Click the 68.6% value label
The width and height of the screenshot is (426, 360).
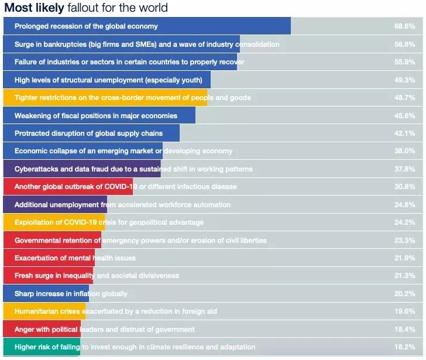coord(404,26)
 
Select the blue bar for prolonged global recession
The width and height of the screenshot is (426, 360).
coord(147,26)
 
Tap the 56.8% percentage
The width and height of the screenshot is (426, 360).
coord(404,44)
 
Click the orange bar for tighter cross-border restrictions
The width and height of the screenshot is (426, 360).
coord(105,98)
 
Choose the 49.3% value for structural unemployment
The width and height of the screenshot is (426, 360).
coord(404,80)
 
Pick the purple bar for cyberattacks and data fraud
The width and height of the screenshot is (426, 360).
coord(82,169)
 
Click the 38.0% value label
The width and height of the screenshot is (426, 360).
coord(404,151)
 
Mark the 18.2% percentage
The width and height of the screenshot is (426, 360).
coord(404,347)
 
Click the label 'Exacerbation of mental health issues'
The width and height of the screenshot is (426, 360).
coord(75,258)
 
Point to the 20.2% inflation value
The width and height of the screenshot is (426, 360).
coord(404,294)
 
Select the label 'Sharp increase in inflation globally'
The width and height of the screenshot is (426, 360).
coord(71,294)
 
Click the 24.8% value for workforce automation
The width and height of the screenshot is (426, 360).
coord(404,205)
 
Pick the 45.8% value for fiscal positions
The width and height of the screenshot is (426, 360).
coord(404,116)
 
